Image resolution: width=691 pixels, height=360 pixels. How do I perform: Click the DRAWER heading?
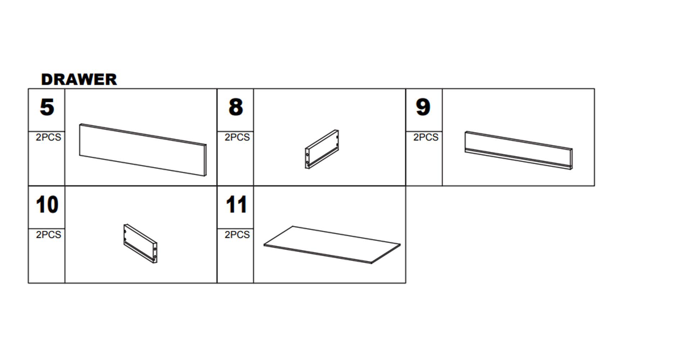click(x=79, y=80)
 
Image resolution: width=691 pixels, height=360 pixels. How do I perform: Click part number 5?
click(x=47, y=107)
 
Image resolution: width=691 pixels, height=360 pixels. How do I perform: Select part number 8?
click(x=236, y=107)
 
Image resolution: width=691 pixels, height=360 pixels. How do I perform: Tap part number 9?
click(x=423, y=107)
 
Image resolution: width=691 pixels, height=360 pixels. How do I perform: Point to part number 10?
click(x=47, y=204)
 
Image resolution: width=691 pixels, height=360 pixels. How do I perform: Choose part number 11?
click(x=236, y=204)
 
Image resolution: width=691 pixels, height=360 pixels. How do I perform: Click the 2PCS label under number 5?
click(x=48, y=137)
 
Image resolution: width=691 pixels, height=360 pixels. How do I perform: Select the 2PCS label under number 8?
click(x=237, y=137)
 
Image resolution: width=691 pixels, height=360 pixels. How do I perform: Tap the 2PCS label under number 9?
click(x=426, y=137)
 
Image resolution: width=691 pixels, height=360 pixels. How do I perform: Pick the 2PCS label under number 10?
click(x=48, y=235)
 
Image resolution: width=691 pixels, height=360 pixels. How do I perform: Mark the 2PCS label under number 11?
click(x=237, y=235)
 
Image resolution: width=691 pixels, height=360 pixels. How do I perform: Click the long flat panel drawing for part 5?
click(x=143, y=150)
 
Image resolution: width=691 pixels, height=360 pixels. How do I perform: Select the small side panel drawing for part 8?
click(x=322, y=149)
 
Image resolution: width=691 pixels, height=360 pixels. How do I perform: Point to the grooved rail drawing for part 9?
click(x=519, y=150)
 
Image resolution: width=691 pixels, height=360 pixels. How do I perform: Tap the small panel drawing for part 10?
click(x=140, y=244)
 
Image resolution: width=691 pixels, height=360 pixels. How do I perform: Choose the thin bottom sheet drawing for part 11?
click(x=332, y=245)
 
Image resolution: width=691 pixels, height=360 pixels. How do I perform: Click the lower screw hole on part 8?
click(x=307, y=163)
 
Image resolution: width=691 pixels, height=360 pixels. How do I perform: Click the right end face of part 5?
click(x=206, y=161)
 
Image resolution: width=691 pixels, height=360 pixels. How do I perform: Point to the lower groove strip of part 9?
click(x=518, y=159)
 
